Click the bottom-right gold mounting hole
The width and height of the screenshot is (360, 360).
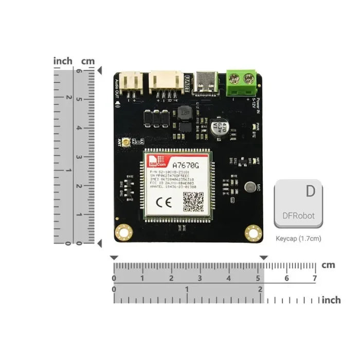coord(253,232)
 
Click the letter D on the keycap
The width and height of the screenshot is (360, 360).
coord(310,191)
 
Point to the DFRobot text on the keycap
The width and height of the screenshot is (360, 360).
coord(299,216)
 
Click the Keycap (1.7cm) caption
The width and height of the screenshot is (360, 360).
coord(299,239)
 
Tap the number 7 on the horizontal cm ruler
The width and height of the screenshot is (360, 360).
coord(314,278)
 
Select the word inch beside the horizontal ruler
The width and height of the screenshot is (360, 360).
coord(331,300)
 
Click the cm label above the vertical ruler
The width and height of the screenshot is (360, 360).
coord(88,61)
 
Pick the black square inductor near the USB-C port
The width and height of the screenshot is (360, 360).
coord(184,114)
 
